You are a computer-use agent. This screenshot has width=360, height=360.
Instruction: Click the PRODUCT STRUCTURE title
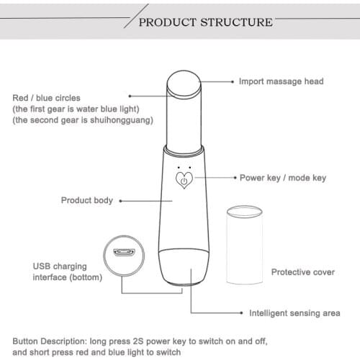pyautogui.click(x=205, y=22)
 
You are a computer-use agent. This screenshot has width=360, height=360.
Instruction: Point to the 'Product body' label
pyautogui.click(x=86, y=200)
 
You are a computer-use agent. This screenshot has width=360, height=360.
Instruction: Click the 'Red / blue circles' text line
pyautogui.click(x=48, y=97)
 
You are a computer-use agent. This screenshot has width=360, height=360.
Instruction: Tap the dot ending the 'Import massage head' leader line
pyautogui.click(x=233, y=81)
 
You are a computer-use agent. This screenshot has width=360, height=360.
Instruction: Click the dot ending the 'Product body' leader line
pyautogui.click(x=120, y=200)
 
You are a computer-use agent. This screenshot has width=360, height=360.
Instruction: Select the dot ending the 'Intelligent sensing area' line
pyautogui.click(x=240, y=313)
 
